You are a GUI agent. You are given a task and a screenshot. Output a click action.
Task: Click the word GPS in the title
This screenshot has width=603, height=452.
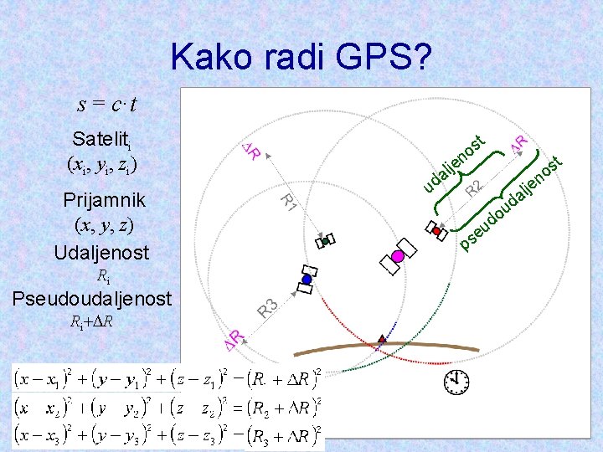(385, 58)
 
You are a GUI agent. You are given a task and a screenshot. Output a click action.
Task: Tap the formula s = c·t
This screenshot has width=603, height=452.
(107, 105)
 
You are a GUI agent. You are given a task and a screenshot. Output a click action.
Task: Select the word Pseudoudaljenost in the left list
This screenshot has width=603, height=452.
(90, 298)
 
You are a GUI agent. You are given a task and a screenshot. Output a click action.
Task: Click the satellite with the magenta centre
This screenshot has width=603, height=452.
(398, 256)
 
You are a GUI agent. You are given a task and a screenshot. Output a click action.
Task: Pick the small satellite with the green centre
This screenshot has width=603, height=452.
(325, 241)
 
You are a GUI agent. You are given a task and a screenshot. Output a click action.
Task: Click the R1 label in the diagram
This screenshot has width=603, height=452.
(287, 202)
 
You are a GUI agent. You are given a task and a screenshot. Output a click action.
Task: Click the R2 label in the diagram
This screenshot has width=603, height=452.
(474, 188)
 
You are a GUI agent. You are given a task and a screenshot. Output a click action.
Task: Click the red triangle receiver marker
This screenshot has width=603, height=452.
(382, 339)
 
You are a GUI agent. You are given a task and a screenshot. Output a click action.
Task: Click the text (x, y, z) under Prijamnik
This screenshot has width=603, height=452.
(104, 225)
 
